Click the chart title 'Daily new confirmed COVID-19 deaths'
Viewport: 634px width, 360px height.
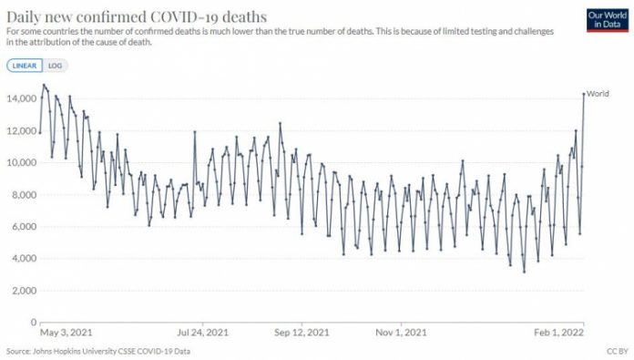pos(137,15)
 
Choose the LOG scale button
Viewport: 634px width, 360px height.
pos(56,67)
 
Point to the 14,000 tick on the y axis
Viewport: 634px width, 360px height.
pos(19,98)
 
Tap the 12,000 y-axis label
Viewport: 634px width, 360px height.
pos(19,130)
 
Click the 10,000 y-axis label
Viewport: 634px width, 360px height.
pos(19,162)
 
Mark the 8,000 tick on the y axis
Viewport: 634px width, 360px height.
pos(21,194)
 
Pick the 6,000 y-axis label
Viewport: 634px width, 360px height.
pos(21,226)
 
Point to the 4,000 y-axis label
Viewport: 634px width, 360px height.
pos(21,258)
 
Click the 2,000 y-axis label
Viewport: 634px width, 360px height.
pos(21,290)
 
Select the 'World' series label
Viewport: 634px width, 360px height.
pos(598,94)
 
